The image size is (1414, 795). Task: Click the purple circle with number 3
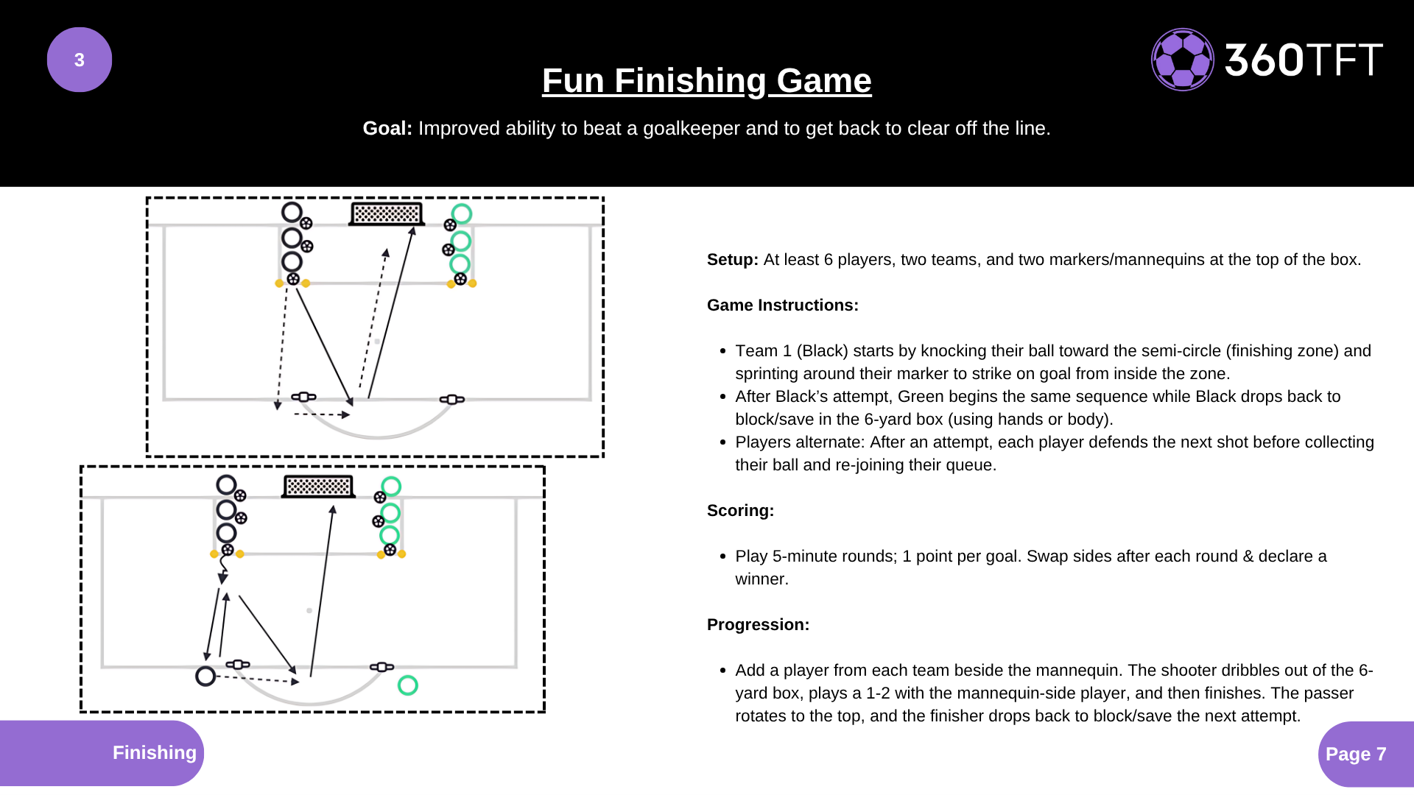point(80,60)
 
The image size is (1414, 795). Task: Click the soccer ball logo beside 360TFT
point(1182,60)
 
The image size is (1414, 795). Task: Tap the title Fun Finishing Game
point(706,80)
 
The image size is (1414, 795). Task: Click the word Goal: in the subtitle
point(387,128)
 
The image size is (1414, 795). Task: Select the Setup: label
point(732,260)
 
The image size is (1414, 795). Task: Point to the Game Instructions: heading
point(782,305)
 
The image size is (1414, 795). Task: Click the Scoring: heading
point(740,511)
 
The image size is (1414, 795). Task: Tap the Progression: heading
point(758,625)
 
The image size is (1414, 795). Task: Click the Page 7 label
point(1355,754)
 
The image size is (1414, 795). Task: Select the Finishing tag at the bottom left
point(154,752)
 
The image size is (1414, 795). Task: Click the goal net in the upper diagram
point(387,214)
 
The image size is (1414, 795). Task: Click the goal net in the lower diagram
point(318,487)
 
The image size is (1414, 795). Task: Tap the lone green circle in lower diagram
point(407,685)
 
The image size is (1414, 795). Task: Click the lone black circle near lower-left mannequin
point(205,676)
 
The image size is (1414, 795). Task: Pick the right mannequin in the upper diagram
point(451,400)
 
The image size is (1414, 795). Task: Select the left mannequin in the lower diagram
point(237,665)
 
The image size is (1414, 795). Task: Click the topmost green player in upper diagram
point(462,214)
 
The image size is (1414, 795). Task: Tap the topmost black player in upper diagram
point(292,213)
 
